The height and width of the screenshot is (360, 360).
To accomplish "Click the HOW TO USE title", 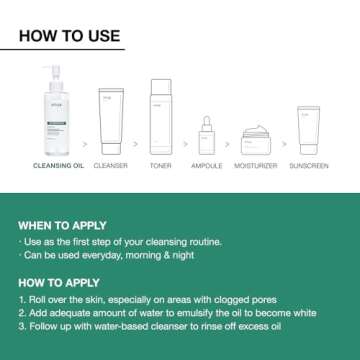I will pyautogui.click(x=70, y=37).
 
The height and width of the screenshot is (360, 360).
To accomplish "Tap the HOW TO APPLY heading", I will pyautogui.click(x=58, y=284).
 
